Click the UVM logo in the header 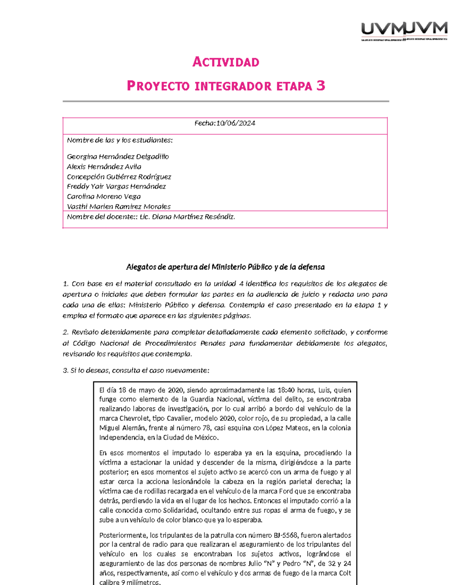tap(404, 31)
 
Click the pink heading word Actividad tap(226, 62)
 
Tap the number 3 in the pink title tap(321, 86)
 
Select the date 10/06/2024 tap(235, 123)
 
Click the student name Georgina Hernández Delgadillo tap(118, 156)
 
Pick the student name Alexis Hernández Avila tap(104, 166)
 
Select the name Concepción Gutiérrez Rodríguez tap(119, 177)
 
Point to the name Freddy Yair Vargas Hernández tap(116, 186)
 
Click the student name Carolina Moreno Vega tap(104, 197)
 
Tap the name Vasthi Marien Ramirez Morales tap(119, 206)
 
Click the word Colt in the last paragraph tap(344, 573)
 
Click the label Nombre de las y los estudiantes tap(120, 140)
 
